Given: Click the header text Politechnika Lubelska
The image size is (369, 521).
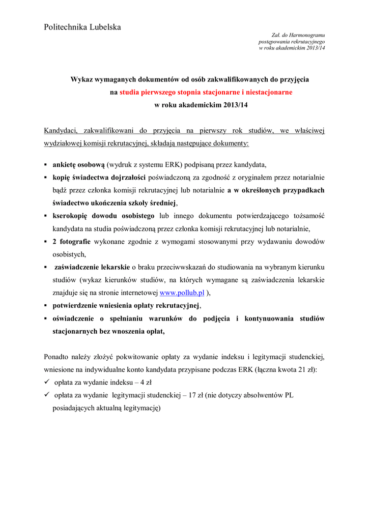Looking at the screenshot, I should pyautogui.click(x=82, y=27).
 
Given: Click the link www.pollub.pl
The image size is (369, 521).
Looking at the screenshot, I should pyautogui.click(x=182, y=293).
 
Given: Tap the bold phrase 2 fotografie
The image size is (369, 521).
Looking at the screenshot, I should pyautogui.click(x=72, y=241).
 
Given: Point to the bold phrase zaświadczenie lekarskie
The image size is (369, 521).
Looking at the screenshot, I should pyautogui.click(x=92, y=267).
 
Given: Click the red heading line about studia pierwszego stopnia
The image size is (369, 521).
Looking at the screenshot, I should pyautogui.click(x=206, y=93).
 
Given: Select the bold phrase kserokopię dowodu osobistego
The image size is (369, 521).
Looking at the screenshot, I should pyautogui.click(x=104, y=216).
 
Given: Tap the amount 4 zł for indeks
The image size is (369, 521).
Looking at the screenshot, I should pyautogui.click(x=146, y=383).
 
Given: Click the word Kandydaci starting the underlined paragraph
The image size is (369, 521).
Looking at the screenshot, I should pyautogui.click(x=60, y=131).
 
